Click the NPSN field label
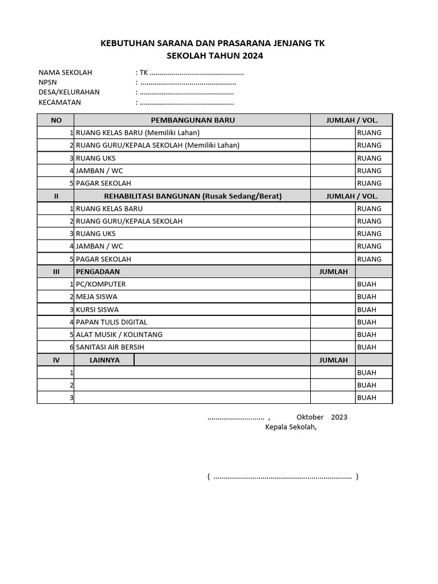(x=48, y=82)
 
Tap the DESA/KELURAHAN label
(x=69, y=92)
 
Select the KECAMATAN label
(x=60, y=102)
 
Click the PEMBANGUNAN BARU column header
(x=192, y=120)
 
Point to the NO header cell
(x=56, y=120)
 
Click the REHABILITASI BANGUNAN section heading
(x=192, y=196)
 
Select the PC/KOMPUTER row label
(x=100, y=284)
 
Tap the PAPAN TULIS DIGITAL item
(x=111, y=322)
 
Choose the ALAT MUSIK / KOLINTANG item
(x=119, y=334)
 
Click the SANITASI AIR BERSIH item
(x=110, y=347)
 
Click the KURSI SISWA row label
(x=97, y=309)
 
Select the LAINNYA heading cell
(x=104, y=360)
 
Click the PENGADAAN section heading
(x=98, y=271)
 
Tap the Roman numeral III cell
(x=56, y=271)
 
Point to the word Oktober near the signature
(x=310, y=417)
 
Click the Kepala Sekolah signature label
(x=290, y=428)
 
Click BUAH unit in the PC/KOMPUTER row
(x=367, y=284)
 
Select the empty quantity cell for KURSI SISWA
(x=332, y=309)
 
